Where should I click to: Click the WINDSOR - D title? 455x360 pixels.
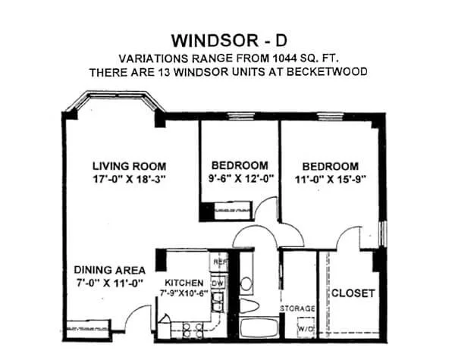click(229, 41)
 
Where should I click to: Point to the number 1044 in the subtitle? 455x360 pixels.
click(284, 58)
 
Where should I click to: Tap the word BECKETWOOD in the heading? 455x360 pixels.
click(327, 72)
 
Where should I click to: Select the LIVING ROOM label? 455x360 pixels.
click(130, 166)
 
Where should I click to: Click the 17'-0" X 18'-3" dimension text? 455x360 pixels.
click(129, 179)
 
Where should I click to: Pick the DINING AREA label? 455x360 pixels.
click(110, 270)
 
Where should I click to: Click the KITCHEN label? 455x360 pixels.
click(184, 283)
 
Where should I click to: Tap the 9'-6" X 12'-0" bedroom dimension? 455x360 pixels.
click(241, 178)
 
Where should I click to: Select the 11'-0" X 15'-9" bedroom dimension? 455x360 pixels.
click(330, 179)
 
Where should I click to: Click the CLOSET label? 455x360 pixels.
click(353, 293)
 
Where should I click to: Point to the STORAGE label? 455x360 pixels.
click(298, 308)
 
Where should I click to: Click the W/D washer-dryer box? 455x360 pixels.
click(306, 327)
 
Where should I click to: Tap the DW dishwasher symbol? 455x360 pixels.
click(218, 283)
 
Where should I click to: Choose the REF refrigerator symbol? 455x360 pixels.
click(219, 261)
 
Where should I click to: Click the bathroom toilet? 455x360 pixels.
click(249, 306)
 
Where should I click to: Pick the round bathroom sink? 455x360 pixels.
click(246, 283)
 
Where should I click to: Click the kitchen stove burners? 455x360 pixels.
click(193, 330)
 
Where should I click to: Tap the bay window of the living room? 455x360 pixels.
click(116, 95)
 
